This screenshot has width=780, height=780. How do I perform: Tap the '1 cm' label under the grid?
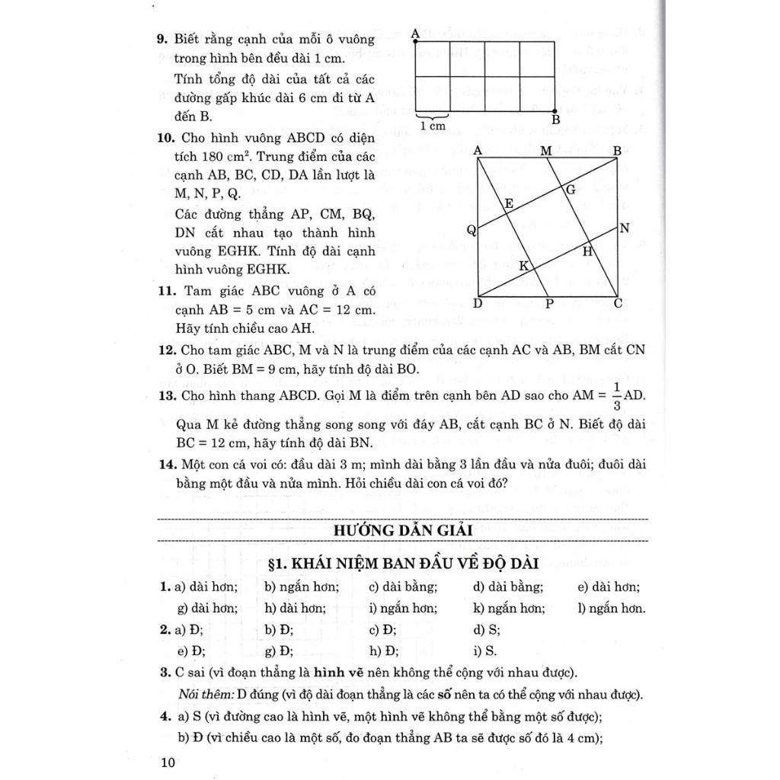coord(433,126)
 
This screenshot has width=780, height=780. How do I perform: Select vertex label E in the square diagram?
coord(508,203)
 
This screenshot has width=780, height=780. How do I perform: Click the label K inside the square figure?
coord(523,266)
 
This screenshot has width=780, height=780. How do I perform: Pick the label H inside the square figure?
coord(588,251)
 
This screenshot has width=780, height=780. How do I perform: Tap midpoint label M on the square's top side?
coord(546,151)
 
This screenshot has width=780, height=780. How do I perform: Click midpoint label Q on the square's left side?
coord(472,230)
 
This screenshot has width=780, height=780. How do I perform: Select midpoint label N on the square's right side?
coord(625,228)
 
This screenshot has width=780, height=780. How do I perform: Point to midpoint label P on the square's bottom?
coord(548,304)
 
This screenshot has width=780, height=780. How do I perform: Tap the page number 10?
coord(168,762)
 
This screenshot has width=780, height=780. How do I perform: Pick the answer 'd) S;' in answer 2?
coord(486,629)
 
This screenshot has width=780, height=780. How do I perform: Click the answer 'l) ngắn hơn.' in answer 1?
coord(612,608)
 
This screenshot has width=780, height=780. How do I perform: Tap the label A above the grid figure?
coord(414,34)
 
